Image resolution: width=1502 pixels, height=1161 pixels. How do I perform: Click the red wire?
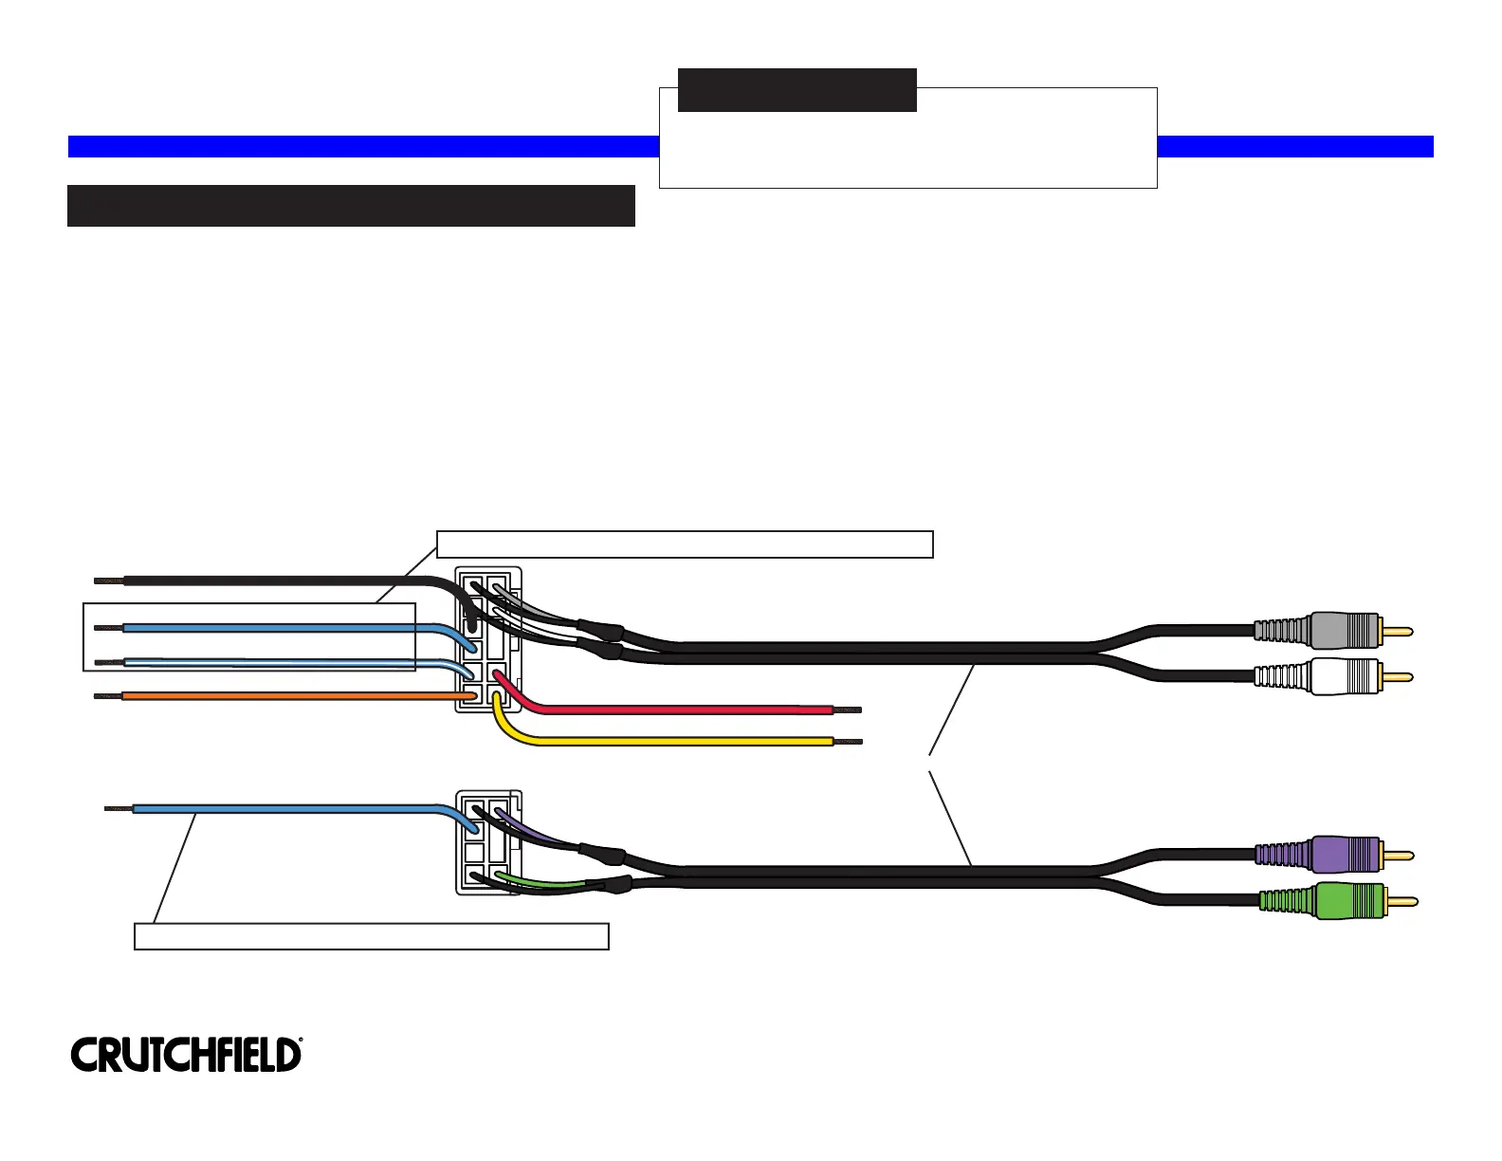point(683,709)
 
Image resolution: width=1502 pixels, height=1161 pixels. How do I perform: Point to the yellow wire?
point(683,741)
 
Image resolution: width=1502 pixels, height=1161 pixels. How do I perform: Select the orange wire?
point(284,696)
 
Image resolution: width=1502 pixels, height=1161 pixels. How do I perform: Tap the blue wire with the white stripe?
point(284,662)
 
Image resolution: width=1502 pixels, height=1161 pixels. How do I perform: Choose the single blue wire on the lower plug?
point(284,809)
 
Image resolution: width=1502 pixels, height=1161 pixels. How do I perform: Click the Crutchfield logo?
point(186,1055)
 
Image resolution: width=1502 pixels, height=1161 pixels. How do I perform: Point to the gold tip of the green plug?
point(1402,901)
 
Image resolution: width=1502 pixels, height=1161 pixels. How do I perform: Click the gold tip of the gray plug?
point(1398,631)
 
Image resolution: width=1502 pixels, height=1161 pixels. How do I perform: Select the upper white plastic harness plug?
point(487,639)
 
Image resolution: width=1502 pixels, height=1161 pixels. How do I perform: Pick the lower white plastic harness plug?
point(487,841)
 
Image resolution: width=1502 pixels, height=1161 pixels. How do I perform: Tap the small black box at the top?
point(797,90)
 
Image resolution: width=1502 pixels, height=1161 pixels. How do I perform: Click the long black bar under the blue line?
point(351,206)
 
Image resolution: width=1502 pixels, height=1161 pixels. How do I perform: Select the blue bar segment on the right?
point(1294,146)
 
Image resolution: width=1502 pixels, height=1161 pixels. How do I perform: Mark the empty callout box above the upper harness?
point(685,544)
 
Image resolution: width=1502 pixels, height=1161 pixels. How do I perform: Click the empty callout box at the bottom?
point(371,935)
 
